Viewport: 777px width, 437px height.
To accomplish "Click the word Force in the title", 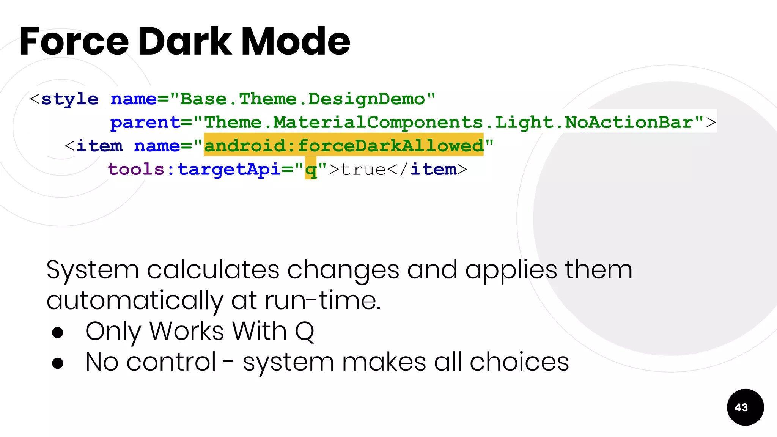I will (74, 42).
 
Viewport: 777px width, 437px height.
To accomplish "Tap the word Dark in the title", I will (185, 42).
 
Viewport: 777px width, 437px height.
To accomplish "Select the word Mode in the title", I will (296, 42).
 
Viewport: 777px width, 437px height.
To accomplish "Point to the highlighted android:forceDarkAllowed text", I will (344, 145).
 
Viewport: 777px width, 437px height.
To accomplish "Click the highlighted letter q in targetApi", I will (311, 170).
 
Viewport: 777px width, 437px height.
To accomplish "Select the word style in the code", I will (70, 99).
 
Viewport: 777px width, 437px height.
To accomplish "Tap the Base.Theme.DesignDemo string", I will (302, 99).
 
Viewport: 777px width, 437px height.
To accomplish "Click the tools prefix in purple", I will (136, 169).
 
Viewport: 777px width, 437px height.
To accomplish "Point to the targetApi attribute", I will (229, 169).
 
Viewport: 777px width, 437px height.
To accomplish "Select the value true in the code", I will (363, 169).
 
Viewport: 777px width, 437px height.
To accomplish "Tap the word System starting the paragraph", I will (93, 270).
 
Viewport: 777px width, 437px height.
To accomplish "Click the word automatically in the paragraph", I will (135, 300).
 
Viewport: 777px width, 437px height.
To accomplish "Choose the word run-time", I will (322, 300).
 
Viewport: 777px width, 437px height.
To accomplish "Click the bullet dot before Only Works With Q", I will (58, 332).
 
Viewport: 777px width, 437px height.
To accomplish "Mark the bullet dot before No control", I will (58, 363).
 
